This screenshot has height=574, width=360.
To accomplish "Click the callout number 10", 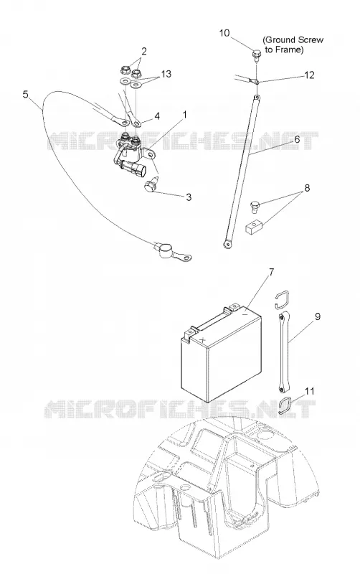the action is coord(224,33).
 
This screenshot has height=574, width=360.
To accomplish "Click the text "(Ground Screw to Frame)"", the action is coord(293,44).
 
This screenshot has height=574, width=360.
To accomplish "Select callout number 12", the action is coord(309,75).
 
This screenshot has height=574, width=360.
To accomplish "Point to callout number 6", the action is coord(297,139).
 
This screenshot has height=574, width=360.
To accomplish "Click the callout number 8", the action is coord(307,188).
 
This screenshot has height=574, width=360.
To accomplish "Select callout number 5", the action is coord(25,95).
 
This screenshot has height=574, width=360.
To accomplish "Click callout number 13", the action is coord(166,74).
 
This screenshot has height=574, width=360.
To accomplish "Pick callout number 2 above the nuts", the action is coord(143,51).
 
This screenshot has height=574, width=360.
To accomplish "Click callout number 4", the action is coord(157,116).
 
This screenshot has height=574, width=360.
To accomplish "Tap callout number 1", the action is coord(185,115).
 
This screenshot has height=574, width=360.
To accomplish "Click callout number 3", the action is coord(189,197).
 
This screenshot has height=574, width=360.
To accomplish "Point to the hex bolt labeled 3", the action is coord(151,185).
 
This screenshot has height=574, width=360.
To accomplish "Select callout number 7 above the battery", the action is coord(271,273).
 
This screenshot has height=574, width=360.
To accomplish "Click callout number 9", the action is coord(318,316).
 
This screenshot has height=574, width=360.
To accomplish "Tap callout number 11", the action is coord(310,391).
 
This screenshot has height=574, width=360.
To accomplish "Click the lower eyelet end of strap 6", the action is coord(228,243).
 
